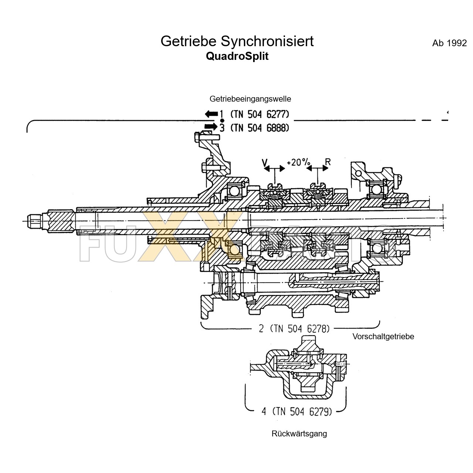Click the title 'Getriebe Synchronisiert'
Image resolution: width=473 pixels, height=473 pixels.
237,41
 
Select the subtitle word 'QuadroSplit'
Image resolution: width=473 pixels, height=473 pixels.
237,56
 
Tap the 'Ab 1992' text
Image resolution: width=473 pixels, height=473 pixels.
449,43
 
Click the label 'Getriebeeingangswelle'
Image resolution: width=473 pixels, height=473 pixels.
250,99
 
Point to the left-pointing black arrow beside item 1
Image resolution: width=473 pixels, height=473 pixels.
211,114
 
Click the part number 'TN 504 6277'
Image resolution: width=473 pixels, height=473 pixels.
259,114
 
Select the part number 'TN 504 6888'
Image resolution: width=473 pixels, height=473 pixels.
259,128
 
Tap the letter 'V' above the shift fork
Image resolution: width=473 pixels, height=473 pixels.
265,162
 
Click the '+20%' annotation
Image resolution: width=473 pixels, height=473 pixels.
299,162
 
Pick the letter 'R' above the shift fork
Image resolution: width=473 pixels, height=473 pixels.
327,161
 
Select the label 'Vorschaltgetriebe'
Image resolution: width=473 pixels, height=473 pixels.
383,337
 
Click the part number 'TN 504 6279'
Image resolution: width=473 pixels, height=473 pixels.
302,411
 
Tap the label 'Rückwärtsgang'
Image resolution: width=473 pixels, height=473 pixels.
299,434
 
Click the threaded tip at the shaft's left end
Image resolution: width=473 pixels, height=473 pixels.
34,221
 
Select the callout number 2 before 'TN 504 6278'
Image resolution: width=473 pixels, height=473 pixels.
261,329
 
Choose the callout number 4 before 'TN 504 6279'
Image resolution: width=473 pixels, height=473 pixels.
264,411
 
